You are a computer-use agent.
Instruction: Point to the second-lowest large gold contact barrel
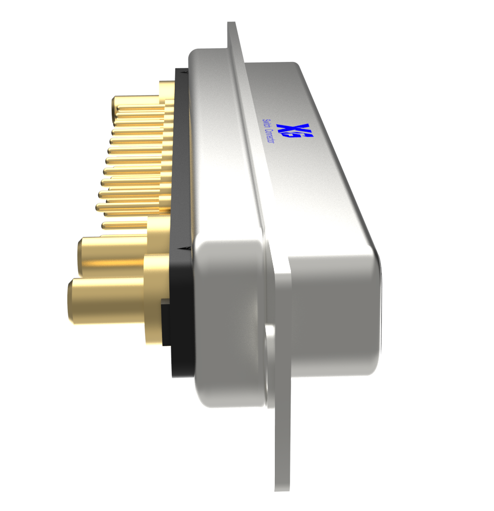point(112,256)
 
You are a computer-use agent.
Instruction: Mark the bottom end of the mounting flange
point(283,485)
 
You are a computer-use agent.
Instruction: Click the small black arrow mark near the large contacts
point(183,249)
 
